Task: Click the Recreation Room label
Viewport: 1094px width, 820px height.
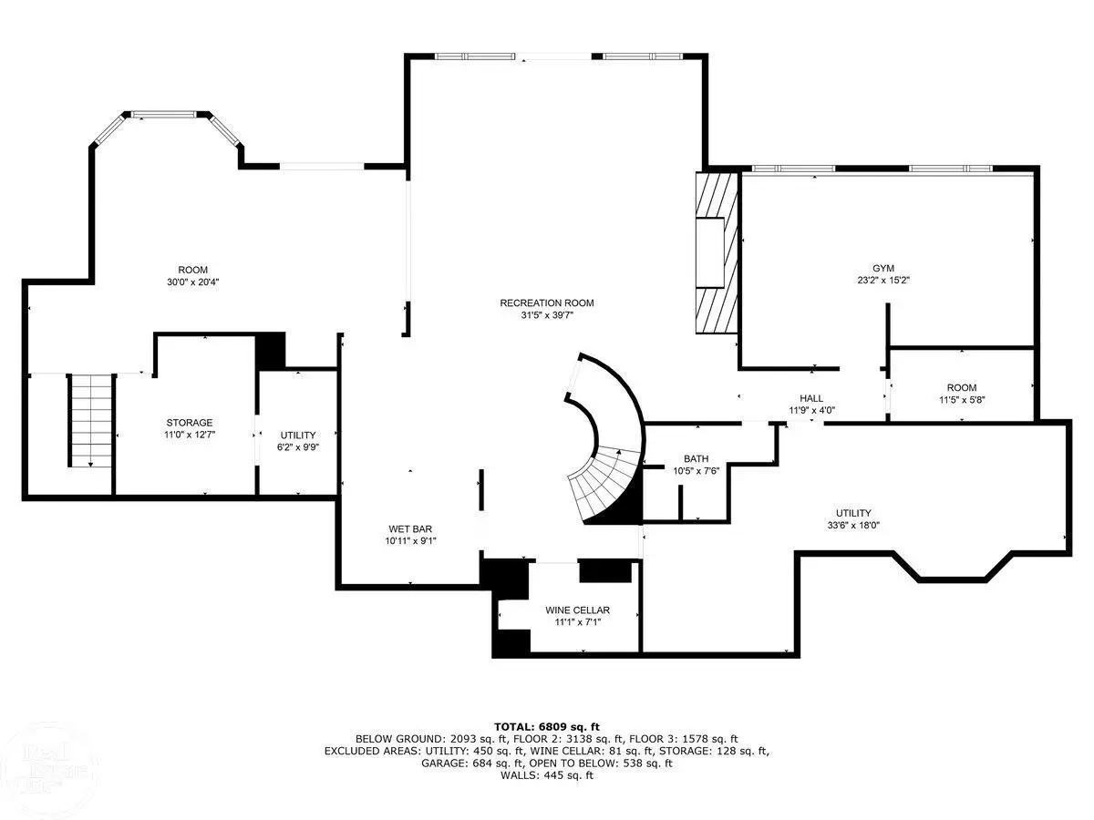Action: [547, 302]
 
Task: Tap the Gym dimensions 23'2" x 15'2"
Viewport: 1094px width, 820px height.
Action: [883, 281]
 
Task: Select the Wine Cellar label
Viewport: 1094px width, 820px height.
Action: [577, 610]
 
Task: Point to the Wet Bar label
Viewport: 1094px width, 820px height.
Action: [410, 528]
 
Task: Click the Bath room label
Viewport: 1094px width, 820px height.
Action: [696, 458]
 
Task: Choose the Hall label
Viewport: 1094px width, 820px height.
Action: [811, 398]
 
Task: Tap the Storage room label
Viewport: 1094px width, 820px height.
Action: [190, 423]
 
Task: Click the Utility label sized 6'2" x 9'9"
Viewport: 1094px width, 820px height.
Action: [298, 436]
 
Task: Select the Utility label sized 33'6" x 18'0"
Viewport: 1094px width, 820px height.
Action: [853, 513]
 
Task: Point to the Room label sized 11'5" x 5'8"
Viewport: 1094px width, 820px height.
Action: [962, 387]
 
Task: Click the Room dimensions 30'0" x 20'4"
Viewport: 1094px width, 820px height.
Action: [193, 282]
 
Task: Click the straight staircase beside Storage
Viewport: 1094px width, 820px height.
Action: [90, 421]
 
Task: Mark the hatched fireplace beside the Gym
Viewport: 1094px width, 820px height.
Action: [717, 252]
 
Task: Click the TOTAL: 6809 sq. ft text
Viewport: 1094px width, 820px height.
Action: [547, 727]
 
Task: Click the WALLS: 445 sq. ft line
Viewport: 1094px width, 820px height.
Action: [547, 775]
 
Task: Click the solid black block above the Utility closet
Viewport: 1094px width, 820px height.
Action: [271, 351]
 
